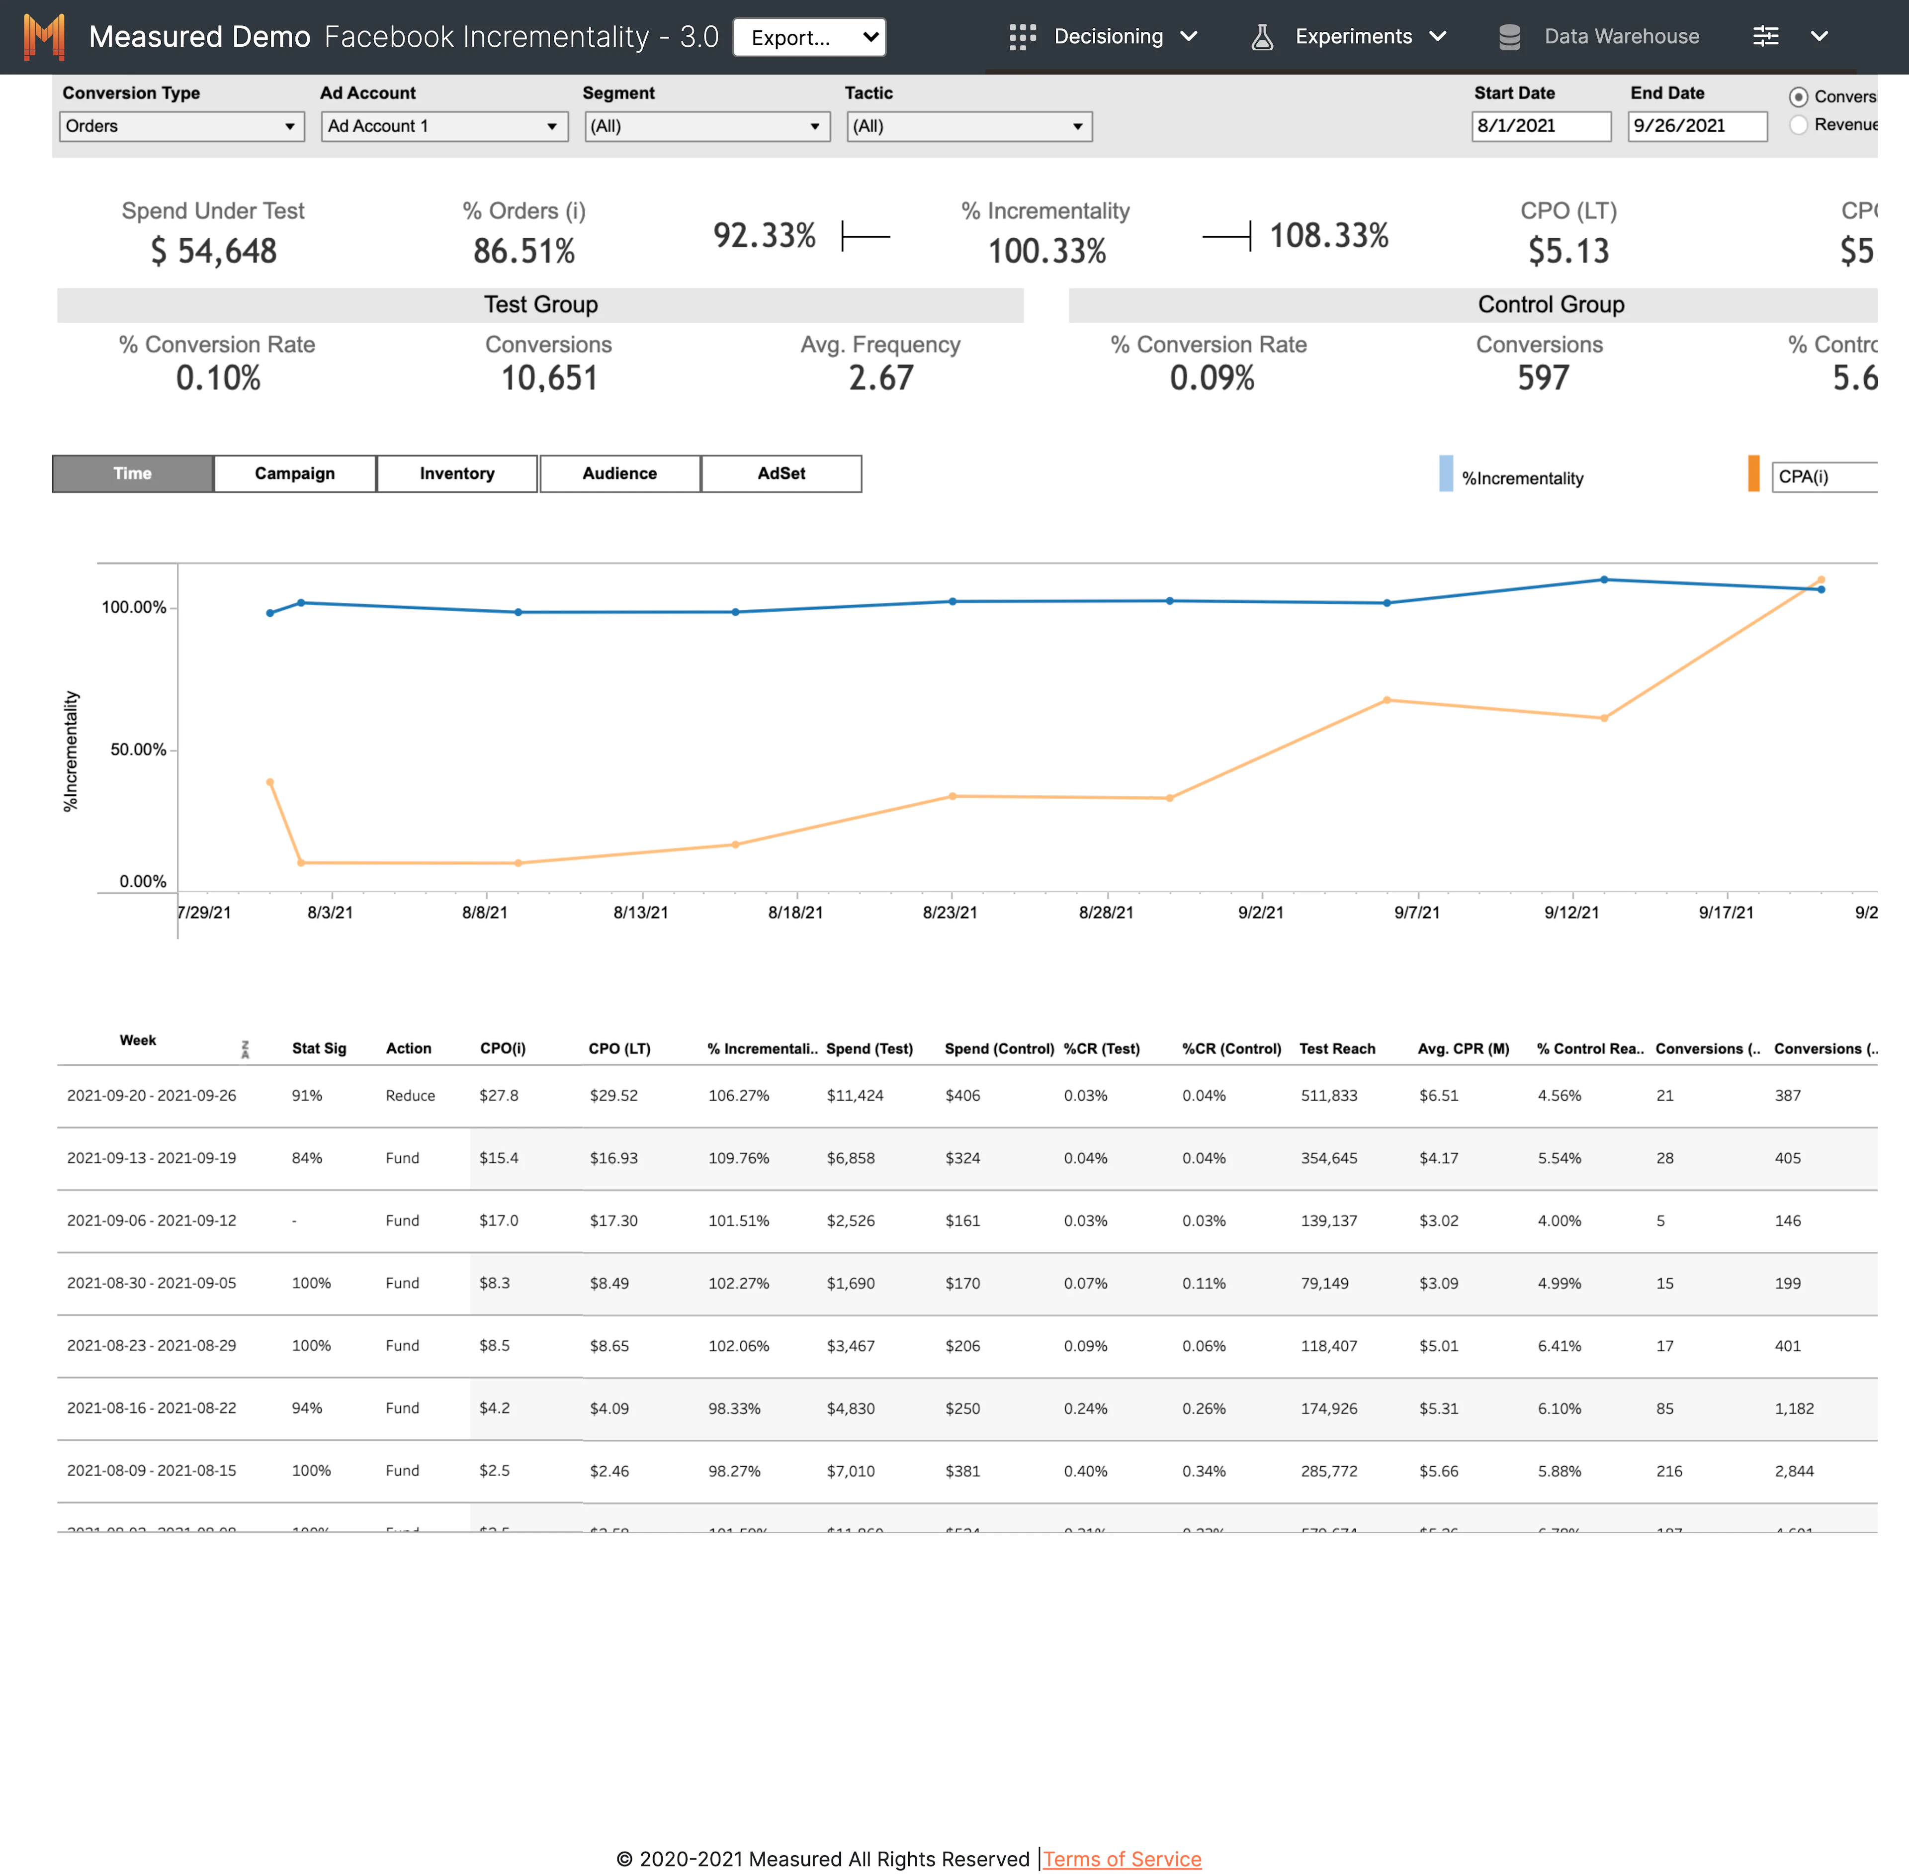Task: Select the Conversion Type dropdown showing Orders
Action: pyautogui.click(x=181, y=126)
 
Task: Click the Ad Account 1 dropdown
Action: pyautogui.click(x=443, y=126)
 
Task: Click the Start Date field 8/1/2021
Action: pyautogui.click(x=1540, y=126)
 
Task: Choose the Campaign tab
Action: pyautogui.click(x=294, y=473)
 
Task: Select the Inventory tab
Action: pyautogui.click(x=457, y=473)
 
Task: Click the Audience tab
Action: pyautogui.click(x=619, y=473)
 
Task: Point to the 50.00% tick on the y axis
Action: pyautogui.click(x=138, y=750)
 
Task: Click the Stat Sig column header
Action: pyautogui.click(x=319, y=1048)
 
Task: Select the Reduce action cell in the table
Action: pyautogui.click(x=410, y=1095)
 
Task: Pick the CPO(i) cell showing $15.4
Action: pyautogui.click(x=498, y=1158)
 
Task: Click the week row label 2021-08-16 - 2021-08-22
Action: pyautogui.click(x=152, y=1408)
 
